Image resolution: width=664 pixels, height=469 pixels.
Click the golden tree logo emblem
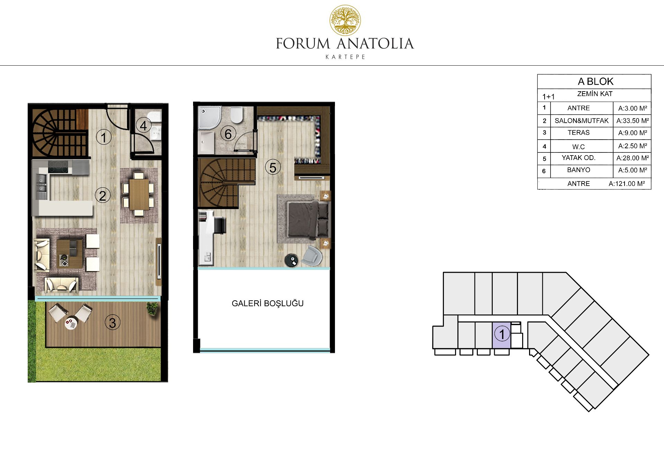click(345, 20)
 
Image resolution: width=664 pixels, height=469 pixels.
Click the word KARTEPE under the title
click(345, 57)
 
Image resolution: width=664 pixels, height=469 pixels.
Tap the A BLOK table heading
click(595, 81)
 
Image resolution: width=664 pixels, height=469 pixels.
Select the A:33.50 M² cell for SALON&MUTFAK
click(633, 121)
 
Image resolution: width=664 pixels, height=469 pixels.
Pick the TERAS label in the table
click(579, 133)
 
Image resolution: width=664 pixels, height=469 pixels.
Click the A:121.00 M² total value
click(627, 184)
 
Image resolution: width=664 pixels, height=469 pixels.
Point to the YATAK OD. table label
click(579, 158)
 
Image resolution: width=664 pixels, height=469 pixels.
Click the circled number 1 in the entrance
click(103, 137)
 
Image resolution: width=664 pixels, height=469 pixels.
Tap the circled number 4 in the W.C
click(143, 125)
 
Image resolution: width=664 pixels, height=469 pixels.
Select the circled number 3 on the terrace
click(112, 322)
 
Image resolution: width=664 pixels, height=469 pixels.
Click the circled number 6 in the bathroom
click(228, 134)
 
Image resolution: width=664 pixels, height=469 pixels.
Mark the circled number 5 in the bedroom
click(273, 168)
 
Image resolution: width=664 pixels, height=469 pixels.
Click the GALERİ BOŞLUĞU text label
click(267, 303)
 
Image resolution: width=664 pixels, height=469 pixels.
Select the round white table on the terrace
click(71, 323)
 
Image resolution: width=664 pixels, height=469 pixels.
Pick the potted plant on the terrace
click(152, 308)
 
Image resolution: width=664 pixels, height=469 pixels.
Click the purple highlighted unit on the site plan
click(501, 335)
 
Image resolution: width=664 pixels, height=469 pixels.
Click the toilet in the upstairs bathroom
click(237, 114)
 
